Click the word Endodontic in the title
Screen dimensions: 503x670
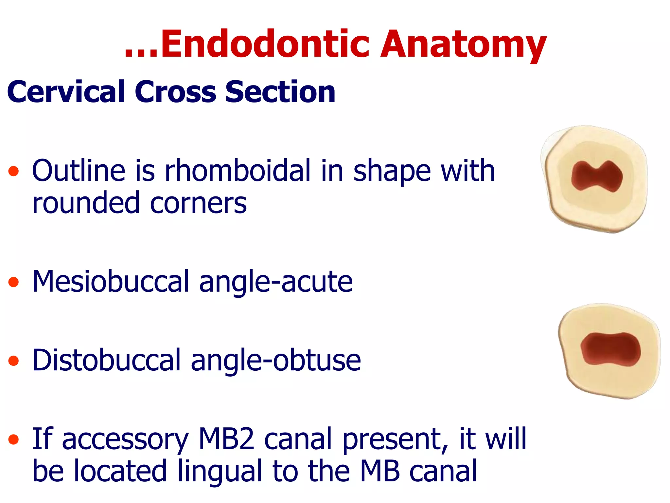265,44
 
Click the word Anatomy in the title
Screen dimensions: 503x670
463,44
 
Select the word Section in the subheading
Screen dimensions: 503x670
280,92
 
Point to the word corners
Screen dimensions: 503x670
198,203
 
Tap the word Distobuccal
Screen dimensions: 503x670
107,360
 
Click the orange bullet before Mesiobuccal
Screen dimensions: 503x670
13,282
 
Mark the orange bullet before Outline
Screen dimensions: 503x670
13,171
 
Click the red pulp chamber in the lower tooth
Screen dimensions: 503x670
610,349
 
